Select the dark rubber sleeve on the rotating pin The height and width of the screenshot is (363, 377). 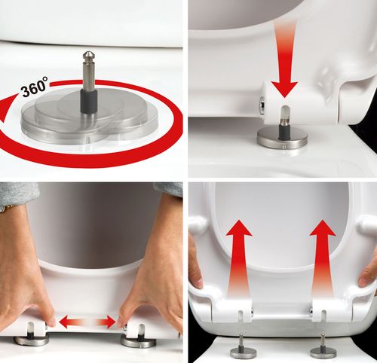coord(89,101)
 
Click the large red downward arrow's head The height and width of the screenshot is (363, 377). coord(284,89)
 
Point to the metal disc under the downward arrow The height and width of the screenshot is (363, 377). coord(283,137)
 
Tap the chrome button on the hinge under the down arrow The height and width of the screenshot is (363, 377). coord(262,105)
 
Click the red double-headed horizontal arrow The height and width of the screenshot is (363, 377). coord(87,322)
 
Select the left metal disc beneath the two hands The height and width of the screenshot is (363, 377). coord(31,340)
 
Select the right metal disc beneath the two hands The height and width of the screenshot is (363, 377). coord(139,340)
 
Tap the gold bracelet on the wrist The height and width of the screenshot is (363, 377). coord(7,208)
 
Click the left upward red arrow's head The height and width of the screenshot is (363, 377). coord(239,228)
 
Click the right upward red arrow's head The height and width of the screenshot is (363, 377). coord(323,227)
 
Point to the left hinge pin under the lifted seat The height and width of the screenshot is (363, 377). coord(241,346)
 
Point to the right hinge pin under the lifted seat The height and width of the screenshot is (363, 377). coord(323,346)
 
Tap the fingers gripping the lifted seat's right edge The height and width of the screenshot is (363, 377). coord(368,274)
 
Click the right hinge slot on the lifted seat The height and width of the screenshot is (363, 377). coord(324,316)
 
